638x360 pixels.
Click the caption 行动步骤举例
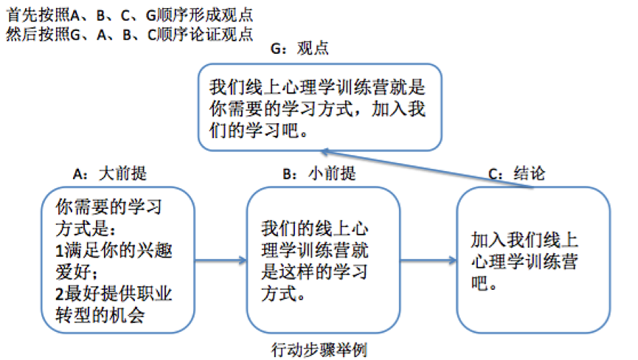pos(319,350)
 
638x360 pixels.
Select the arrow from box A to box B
pos(220,260)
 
